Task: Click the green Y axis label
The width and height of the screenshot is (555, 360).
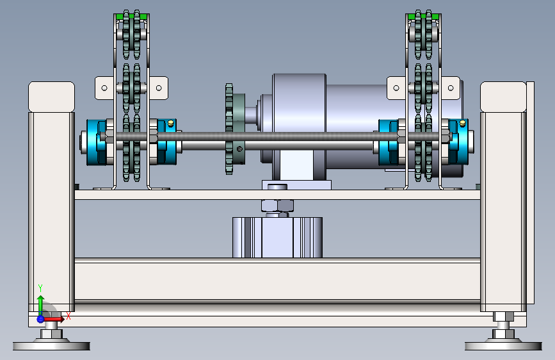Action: tap(40, 288)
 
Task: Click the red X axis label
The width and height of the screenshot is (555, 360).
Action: tap(68, 316)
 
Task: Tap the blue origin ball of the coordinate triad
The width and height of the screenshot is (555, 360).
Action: tap(40, 319)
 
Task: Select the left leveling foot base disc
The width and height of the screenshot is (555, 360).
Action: tap(51, 345)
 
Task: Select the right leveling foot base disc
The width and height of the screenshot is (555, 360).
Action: tap(503, 345)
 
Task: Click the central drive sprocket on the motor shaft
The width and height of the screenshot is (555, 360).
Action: tap(229, 129)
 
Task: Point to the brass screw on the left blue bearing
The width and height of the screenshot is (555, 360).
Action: tap(171, 123)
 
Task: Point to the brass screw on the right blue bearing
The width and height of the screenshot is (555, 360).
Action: tap(462, 123)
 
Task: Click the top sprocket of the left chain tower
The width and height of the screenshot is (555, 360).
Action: tap(132, 35)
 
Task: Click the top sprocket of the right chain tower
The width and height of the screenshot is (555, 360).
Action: tap(423, 35)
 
